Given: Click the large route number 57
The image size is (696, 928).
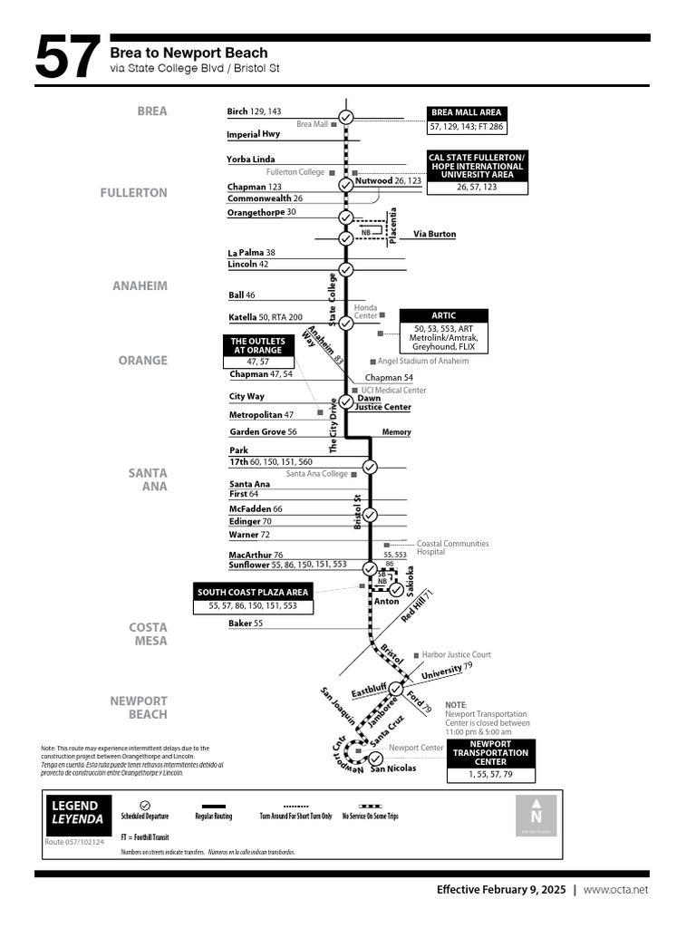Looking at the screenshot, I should pyautogui.click(x=68, y=60).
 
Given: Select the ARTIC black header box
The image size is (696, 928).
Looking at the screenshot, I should pyautogui.click(x=444, y=315).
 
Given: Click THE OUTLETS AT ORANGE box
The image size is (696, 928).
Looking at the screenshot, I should pyautogui.click(x=257, y=345).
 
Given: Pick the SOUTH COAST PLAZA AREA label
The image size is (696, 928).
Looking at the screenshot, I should pyautogui.click(x=253, y=593).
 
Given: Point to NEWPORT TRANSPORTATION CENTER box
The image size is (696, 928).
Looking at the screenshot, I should pyautogui.click(x=490, y=753).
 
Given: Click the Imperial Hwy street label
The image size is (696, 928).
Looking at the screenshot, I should pyautogui.click(x=253, y=134).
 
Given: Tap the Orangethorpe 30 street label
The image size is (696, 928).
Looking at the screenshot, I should pyautogui.click(x=261, y=212).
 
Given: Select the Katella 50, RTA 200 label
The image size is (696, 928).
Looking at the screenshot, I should pyautogui.click(x=266, y=318).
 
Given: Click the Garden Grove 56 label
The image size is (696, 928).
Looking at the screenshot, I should pyautogui.click(x=263, y=432).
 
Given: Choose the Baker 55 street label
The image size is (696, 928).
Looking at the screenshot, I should pyautogui.click(x=246, y=623).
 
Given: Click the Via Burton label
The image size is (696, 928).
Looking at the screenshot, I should pyautogui.click(x=434, y=234).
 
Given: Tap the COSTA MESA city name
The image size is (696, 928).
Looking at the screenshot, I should pyautogui.click(x=148, y=633).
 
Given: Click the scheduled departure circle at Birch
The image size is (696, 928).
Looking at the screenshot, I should pyautogui.click(x=345, y=117).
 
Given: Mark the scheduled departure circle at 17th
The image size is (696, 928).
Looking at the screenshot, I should pyautogui.click(x=370, y=467).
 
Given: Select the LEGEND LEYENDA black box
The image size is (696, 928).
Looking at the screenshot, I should pyautogui.click(x=79, y=812).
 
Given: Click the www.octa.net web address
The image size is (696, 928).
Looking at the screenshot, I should pyautogui.click(x=615, y=890).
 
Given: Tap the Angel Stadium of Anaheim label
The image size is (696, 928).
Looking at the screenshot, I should pyautogui.click(x=422, y=361).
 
